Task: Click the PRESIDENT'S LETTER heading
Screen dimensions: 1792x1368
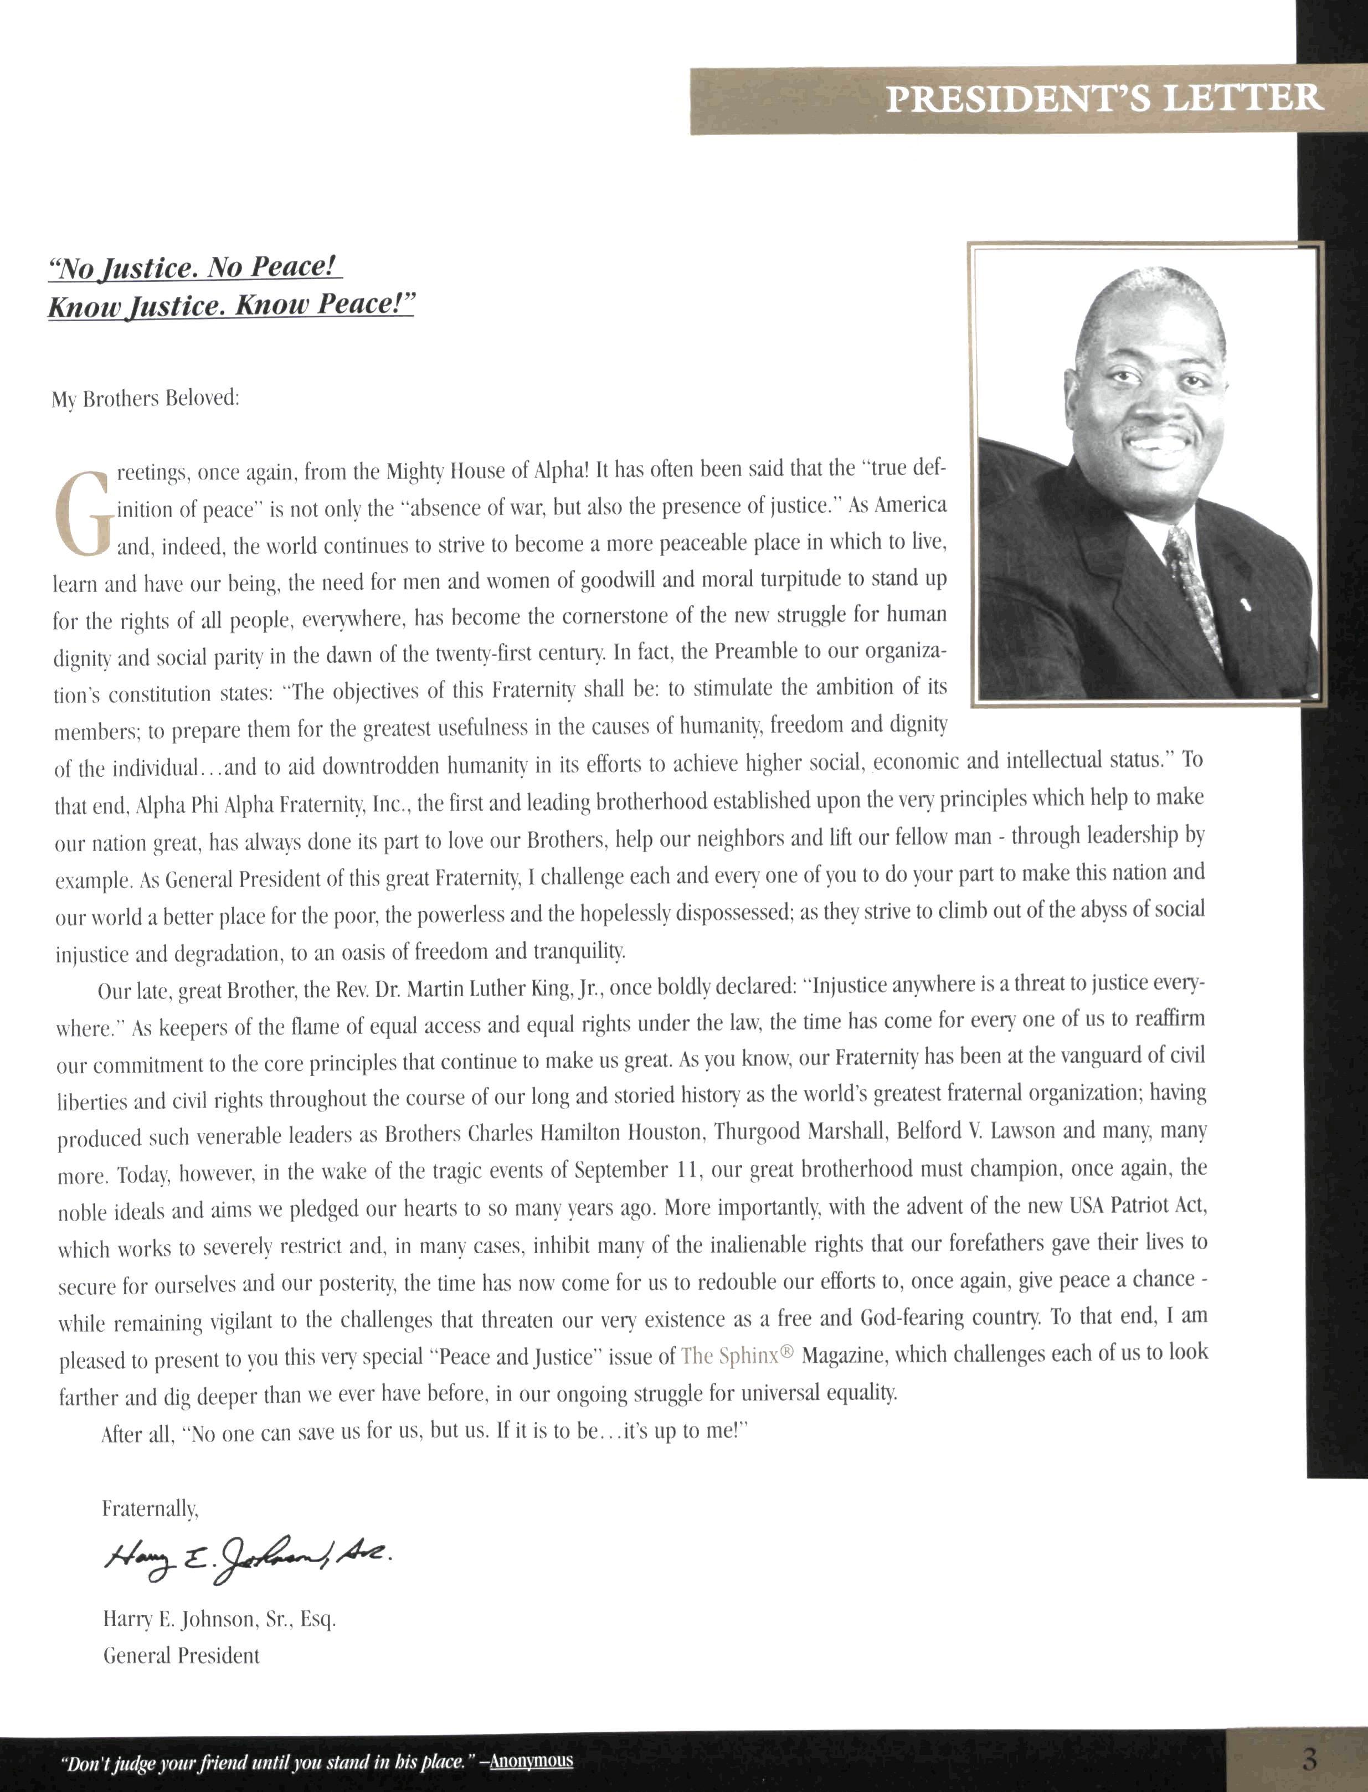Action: (1103, 99)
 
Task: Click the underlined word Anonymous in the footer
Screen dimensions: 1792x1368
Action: (532, 1760)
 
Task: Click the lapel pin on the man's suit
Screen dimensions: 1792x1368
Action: (1244, 605)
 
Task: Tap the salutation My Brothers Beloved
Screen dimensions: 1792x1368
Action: (146, 399)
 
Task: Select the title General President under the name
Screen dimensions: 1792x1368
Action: (181, 1655)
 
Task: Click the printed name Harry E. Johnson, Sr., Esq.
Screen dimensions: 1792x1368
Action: (219, 1619)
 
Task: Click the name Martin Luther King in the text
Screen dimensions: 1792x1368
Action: (499, 989)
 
